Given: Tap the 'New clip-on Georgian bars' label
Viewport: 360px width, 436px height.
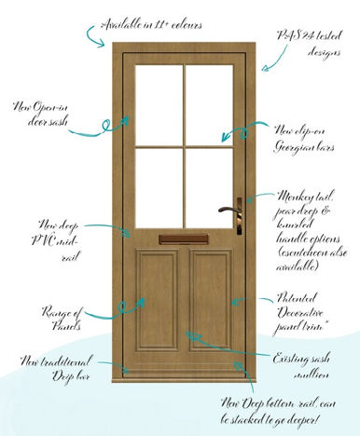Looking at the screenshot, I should [299, 137].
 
